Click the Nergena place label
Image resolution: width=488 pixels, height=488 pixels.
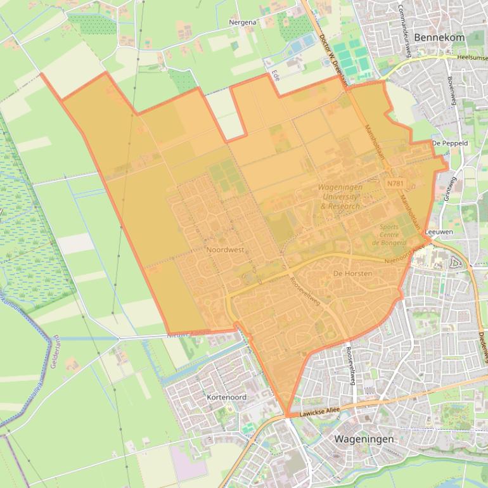(x=243, y=22)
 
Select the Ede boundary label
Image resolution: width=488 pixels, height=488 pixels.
(x=275, y=74)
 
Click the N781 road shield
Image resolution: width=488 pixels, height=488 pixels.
(x=395, y=183)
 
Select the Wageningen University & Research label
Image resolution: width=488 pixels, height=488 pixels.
(x=340, y=196)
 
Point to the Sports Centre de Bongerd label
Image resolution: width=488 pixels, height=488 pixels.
(x=389, y=234)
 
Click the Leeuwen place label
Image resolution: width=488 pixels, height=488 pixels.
(x=439, y=232)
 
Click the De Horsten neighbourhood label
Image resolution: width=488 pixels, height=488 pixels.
(x=352, y=273)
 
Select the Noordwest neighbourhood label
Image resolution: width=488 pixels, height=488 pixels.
(x=225, y=250)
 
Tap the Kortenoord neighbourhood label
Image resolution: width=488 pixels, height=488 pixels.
(x=226, y=397)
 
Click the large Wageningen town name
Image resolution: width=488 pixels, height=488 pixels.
(x=364, y=439)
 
